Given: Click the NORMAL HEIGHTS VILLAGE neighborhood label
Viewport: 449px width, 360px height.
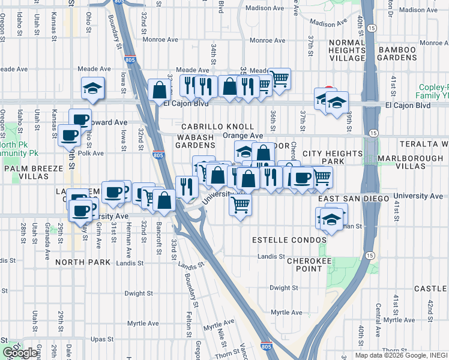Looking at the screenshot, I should [347, 50].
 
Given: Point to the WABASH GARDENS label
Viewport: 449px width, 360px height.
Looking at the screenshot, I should [195, 141].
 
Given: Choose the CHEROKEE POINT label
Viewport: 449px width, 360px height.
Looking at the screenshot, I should [304, 265].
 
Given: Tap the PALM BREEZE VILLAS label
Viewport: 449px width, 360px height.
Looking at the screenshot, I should [33, 172].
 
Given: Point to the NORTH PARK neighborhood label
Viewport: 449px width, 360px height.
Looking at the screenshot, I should [82, 262].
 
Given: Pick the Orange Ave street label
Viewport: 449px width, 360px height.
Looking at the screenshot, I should [243, 136].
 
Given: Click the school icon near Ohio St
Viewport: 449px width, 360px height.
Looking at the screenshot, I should [93, 88].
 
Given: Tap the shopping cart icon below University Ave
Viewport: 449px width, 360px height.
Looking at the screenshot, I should [241, 205].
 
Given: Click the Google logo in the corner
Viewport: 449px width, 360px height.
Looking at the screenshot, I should [19, 353].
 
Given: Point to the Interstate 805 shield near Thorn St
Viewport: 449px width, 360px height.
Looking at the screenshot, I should [265, 346].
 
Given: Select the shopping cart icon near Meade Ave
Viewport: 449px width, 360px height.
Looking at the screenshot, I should [279, 77].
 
